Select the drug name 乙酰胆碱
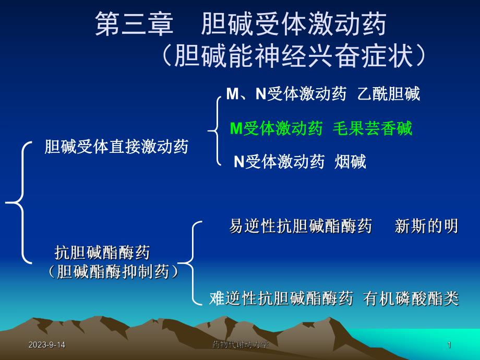[389, 94]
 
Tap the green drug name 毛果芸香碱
[373, 128]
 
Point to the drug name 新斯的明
[427, 226]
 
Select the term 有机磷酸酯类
[411, 298]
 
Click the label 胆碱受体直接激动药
[117, 147]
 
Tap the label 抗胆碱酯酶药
[102, 253]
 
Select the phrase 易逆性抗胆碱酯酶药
[301, 226]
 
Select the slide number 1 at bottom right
[449, 345]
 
